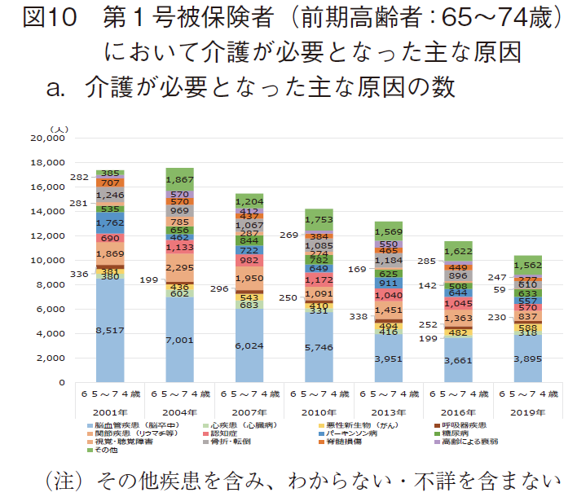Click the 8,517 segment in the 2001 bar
[x=109, y=330]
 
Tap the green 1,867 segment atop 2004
[x=179, y=179]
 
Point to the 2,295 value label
[x=179, y=268]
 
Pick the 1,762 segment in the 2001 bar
[x=109, y=222]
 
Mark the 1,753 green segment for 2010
[x=319, y=220]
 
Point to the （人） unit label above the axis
[x=61, y=128]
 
